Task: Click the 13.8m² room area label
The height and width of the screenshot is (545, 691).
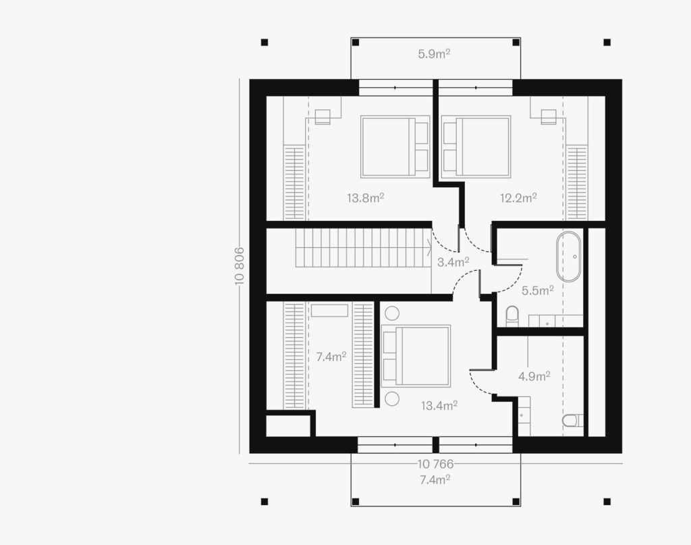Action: (x=365, y=198)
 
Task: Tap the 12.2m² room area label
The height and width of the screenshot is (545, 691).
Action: (x=518, y=198)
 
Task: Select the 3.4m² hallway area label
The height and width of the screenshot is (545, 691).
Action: (x=453, y=262)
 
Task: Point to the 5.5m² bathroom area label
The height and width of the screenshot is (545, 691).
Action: (x=538, y=290)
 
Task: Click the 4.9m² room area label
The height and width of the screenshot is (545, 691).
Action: (x=534, y=376)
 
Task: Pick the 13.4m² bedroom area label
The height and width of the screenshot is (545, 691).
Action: (x=439, y=405)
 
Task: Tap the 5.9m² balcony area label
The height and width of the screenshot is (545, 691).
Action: (x=434, y=54)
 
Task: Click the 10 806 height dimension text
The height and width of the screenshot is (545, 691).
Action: (x=240, y=265)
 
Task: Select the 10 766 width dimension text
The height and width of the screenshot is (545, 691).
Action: (x=435, y=464)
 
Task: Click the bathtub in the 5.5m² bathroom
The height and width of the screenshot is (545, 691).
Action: (x=568, y=257)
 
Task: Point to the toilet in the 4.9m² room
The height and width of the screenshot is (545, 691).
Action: (x=573, y=421)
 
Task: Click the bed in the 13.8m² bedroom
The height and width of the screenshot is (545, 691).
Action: (x=395, y=147)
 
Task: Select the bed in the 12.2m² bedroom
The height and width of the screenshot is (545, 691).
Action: (x=476, y=147)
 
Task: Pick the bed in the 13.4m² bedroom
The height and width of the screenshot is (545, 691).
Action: (x=416, y=356)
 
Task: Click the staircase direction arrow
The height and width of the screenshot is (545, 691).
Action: (x=429, y=247)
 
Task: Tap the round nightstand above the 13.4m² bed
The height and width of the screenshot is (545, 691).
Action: (x=392, y=313)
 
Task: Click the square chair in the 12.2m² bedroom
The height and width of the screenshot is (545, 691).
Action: (x=549, y=117)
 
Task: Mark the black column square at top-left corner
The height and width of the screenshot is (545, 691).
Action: (x=265, y=43)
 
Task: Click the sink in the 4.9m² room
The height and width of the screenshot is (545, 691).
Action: (x=524, y=415)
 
